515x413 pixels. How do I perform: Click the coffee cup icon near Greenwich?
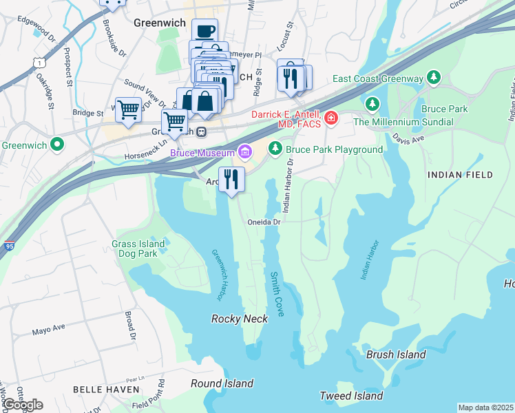click(204, 31)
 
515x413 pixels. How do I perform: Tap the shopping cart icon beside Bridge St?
click(128, 109)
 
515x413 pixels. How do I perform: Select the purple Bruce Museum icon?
click(244, 151)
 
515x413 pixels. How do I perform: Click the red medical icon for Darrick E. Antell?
click(331, 118)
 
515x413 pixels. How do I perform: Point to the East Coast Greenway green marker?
click(434, 77)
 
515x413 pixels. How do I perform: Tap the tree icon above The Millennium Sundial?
click(372, 104)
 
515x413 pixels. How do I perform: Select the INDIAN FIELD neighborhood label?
click(461, 175)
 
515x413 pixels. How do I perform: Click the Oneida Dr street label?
click(265, 222)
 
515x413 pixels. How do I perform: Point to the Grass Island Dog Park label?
click(138, 248)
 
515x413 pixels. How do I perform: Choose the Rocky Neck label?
click(233, 318)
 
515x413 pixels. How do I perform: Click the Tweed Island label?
click(351, 396)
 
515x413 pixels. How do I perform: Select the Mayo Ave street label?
click(48, 331)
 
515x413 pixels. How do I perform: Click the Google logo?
click(22, 405)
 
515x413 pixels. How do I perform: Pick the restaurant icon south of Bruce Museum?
click(231, 180)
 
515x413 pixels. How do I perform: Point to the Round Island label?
click(222, 383)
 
